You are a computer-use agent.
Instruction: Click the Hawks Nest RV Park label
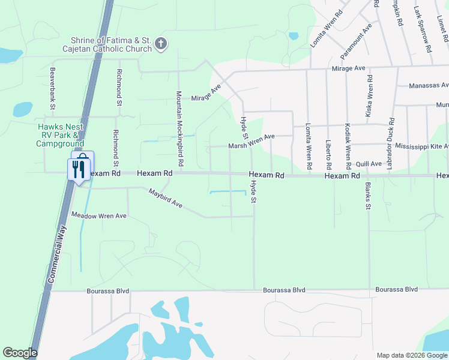coord(60,135)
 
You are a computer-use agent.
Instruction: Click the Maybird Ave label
coord(166,198)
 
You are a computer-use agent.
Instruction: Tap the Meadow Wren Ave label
coord(99,215)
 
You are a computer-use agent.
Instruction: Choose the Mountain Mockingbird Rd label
coord(179,129)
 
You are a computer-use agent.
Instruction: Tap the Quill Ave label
coord(369,164)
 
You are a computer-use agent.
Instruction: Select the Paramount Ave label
coord(357,41)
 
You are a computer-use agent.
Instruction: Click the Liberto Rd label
coord(328,155)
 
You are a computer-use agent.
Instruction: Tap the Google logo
coord(20,353)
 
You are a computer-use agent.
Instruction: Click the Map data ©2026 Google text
coord(412,355)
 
